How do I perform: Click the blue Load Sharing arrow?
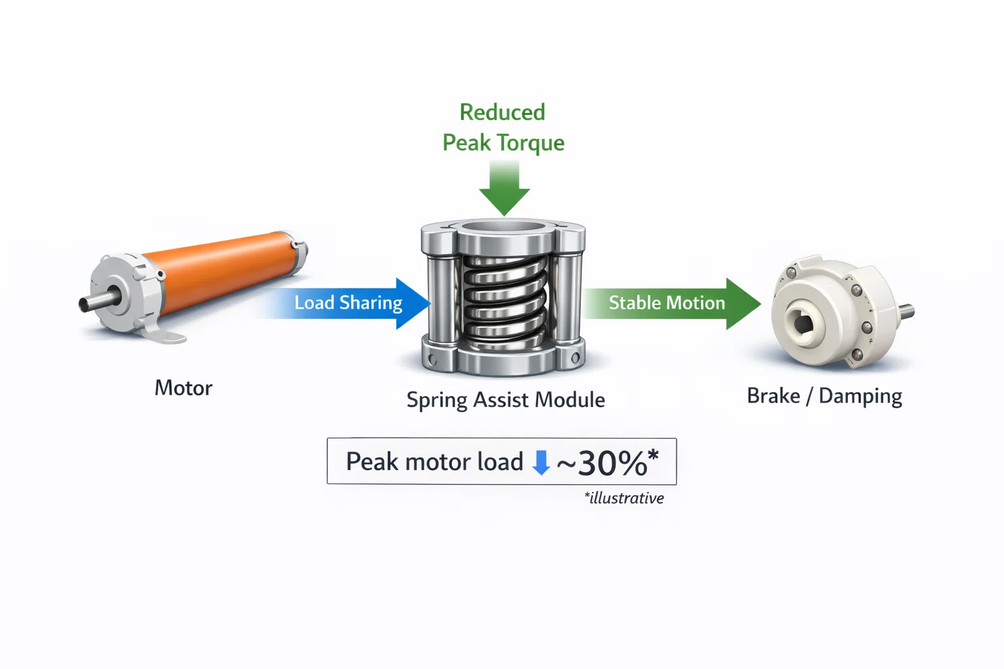[x=345, y=303]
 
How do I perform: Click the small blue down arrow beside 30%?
[x=541, y=463]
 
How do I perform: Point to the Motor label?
[x=183, y=388]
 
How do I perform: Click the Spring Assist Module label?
[x=505, y=400]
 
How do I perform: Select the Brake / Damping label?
[x=824, y=396]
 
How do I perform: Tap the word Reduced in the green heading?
[x=503, y=112]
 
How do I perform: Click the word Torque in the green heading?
[x=531, y=143]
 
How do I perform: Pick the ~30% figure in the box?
[x=607, y=463]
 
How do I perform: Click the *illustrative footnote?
[x=624, y=498]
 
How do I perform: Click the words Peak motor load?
[x=434, y=461]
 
